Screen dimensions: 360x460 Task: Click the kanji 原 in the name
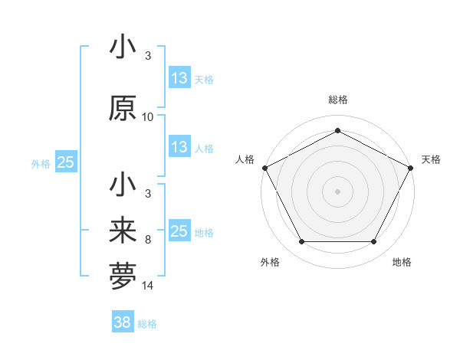(123, 109)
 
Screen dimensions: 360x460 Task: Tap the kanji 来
(123, 231)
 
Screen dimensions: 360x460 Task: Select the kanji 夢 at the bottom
(123, 275)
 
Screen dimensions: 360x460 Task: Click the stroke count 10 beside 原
(148, 117)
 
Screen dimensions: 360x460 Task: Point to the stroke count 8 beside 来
(148, 240)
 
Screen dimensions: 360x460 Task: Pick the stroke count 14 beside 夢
(148, 286)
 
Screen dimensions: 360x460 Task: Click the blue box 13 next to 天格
(179, 78)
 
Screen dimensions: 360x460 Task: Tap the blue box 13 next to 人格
(179, 148)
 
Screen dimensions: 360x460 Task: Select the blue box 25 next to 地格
(179, 232)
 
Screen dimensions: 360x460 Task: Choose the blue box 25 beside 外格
(66, 162)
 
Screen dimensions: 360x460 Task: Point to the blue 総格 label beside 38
(147, 324)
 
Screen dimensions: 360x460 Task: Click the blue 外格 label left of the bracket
(41, 163)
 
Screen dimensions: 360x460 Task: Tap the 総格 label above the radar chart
(337, 100)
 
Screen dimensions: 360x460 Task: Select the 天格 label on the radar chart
(431, 159)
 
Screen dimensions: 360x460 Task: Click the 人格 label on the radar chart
(245, 159)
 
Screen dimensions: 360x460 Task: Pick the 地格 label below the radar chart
(402, 262)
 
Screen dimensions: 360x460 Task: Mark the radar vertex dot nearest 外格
(301, 242)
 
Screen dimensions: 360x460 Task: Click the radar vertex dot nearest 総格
(337, 130)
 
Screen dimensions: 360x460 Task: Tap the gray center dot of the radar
(337, 191)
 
